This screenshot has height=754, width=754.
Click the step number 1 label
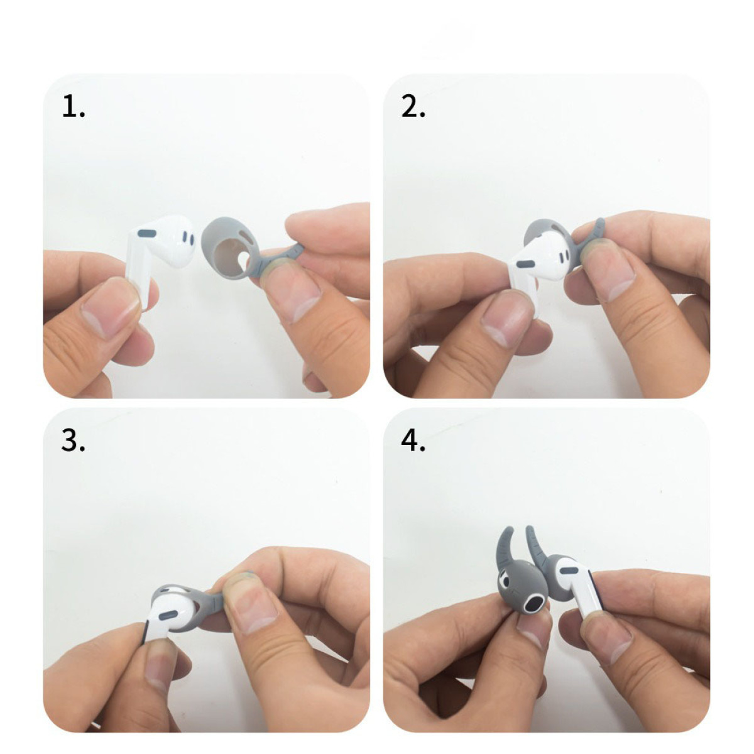coord(73,107)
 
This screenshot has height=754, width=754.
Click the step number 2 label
coord(413,107)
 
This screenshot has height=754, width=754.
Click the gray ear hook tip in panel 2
coord(599,227)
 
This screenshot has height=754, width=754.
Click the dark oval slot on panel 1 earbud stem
coord(147,234)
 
